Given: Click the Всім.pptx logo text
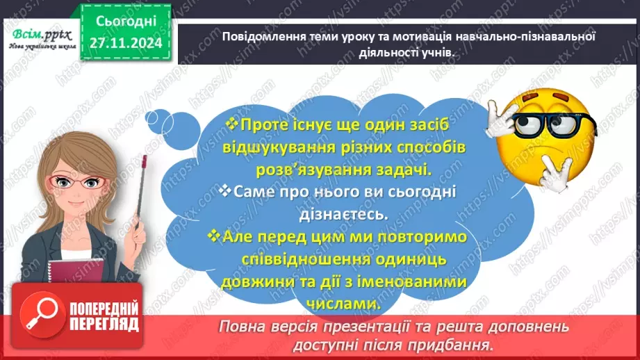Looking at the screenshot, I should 35,34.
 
